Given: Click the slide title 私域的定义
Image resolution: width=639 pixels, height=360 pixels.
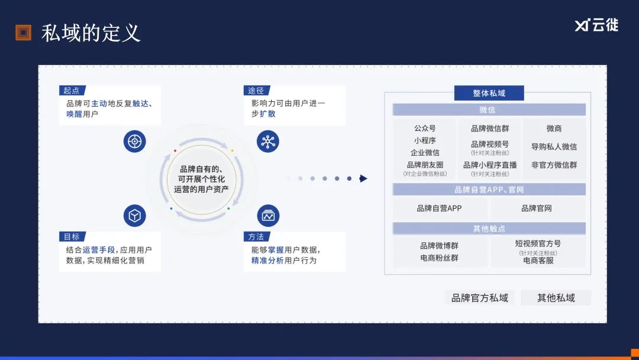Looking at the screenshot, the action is coord(91,33).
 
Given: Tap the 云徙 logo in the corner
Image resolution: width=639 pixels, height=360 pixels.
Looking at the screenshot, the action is coord(596,25).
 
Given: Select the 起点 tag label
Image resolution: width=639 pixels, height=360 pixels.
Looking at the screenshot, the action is coord(72,91).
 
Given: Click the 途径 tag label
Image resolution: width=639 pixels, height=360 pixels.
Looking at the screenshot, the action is coord(257,91).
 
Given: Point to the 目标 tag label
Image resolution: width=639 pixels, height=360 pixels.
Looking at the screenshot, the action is coord(72,236).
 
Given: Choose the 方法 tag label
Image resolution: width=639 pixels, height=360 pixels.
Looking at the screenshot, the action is coord(257,236).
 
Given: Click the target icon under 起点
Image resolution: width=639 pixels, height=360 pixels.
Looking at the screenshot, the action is coord(134,142).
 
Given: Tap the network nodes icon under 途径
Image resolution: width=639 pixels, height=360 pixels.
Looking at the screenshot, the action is coord(268,142).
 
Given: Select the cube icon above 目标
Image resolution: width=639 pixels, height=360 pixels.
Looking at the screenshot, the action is coord(134,216).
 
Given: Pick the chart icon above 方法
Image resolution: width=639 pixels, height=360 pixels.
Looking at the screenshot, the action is coord(268,216).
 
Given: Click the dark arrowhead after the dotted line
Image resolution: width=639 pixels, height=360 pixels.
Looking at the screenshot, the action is coord(363,179).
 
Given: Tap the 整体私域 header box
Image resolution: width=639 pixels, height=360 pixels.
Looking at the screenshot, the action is coord(489,93).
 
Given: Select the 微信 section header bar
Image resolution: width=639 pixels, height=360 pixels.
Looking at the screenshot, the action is coord(489,110).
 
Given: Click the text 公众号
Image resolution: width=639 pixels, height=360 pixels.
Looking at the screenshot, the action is coord(425,128).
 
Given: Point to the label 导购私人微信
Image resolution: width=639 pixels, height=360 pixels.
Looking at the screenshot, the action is coord(554,147).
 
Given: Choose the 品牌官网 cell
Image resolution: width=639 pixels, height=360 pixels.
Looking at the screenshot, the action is coord(537,208).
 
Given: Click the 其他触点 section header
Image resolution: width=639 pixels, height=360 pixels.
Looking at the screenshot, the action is coord(489,229).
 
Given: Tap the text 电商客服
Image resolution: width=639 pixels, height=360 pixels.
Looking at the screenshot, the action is coord(538,261).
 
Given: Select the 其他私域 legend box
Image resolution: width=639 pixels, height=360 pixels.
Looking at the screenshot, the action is coord(556,298).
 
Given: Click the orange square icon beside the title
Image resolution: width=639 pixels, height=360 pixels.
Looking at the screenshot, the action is coord(23,33).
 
